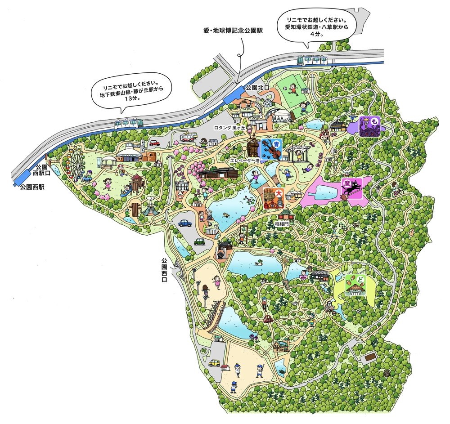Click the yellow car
[214, 363]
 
